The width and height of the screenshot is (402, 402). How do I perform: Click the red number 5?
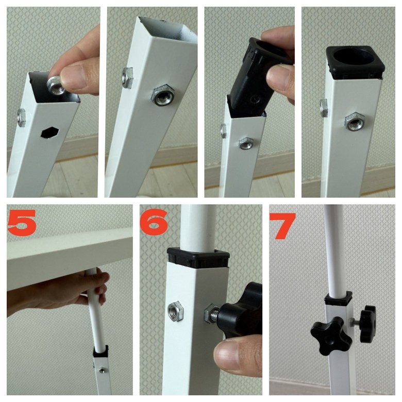click(22, 222)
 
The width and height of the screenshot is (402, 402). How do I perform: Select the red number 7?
click(283, 226)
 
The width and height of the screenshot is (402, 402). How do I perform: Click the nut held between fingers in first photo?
click(56, 85)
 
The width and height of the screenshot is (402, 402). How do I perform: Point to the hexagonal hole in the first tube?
click(51, 132)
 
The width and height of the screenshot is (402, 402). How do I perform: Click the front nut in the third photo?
click(246, 144)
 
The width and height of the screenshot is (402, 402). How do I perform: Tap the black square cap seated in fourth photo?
click(356, 61)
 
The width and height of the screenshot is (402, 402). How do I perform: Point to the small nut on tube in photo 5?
click(102, 370)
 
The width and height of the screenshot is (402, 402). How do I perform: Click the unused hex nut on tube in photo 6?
click(175, 311)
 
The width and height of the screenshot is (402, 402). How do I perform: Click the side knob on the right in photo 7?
click(367, 324)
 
